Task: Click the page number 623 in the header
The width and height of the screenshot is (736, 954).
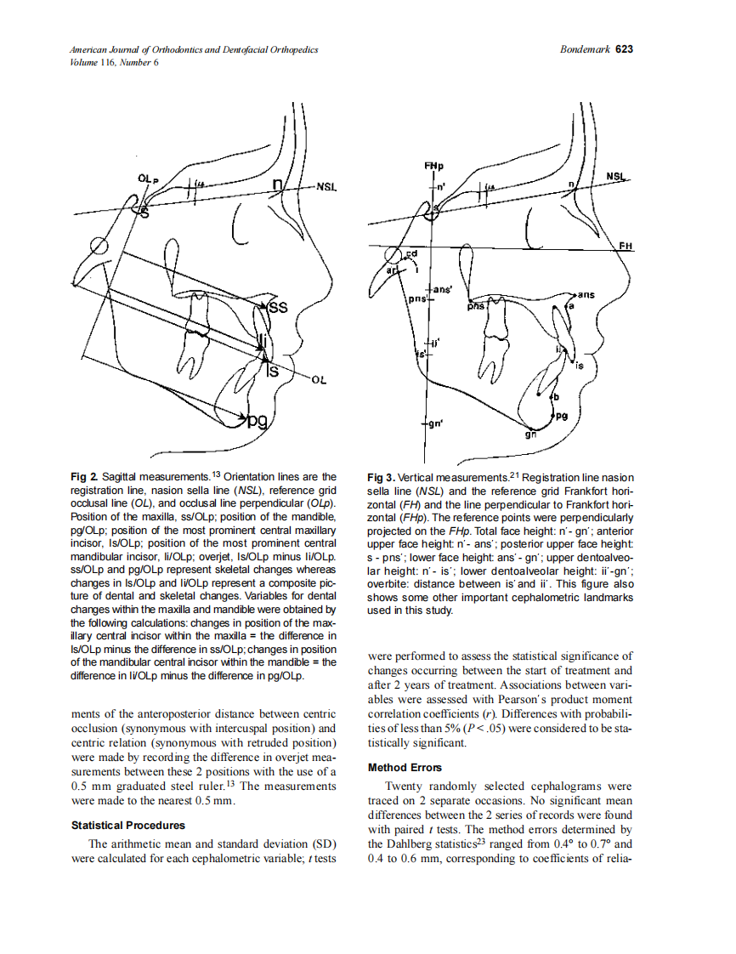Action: [x=624, y=49]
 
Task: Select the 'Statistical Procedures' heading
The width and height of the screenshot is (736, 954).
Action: [x=127, y=825]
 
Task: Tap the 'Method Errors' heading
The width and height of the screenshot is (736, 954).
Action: [x=405, y=768]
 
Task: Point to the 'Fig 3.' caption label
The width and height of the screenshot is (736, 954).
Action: [x=381, y=478]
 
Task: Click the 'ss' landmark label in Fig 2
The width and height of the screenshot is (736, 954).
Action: [x=278, y=307]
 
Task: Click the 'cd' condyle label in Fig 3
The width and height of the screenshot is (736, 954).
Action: [x=411, y=253]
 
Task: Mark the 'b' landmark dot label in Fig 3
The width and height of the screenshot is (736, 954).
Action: [x=556, y=396]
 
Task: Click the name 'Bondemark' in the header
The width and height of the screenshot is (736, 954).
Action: [x=585, y=49]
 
